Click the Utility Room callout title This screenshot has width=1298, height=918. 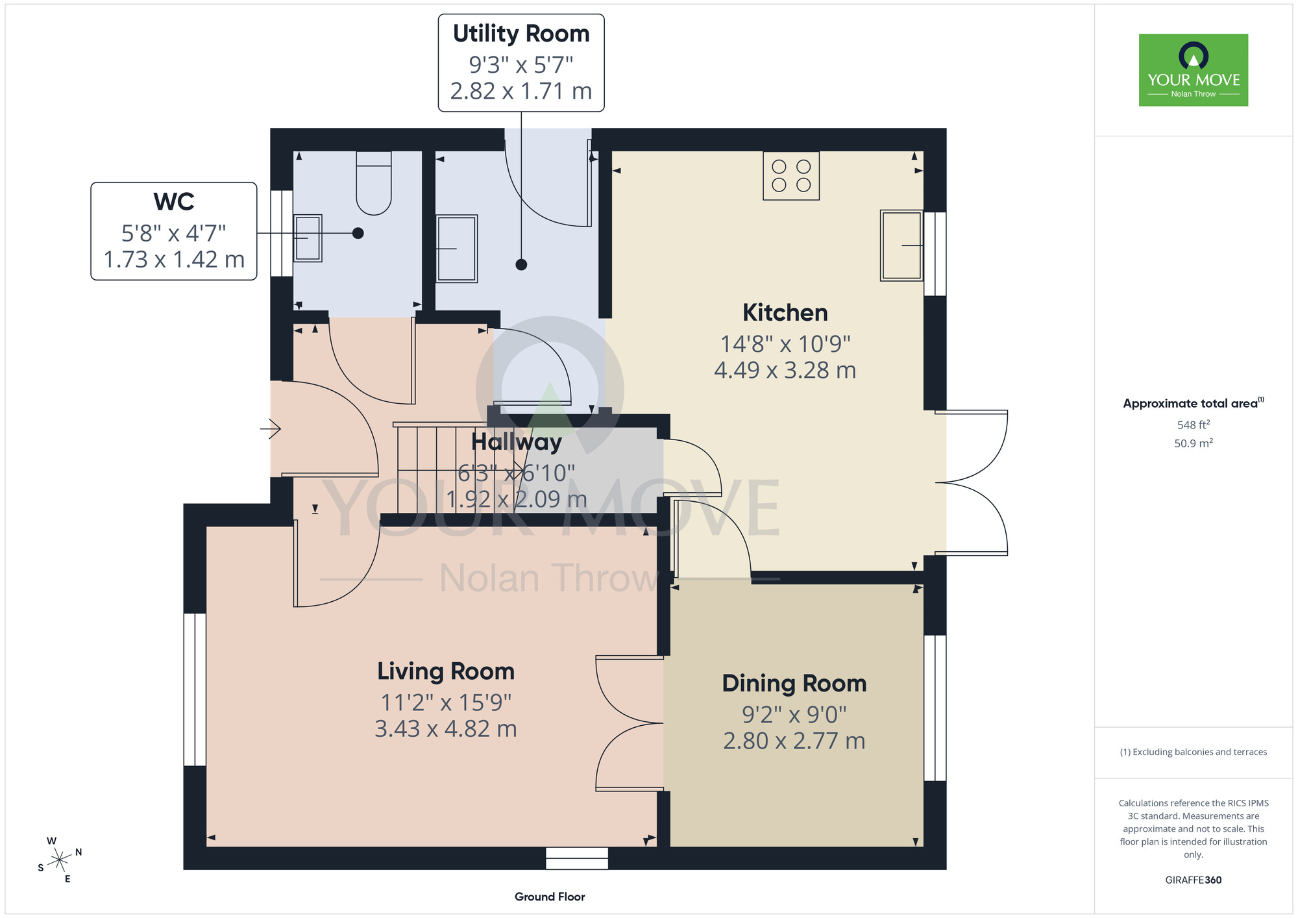click(x=521, y=34)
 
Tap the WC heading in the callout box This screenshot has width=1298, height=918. click(x=174, y=202)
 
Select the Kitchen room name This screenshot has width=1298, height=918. click(x=785, y=313)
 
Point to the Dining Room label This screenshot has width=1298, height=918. click(x=794, y=684)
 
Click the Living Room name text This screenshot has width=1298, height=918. click(x=446, y=672)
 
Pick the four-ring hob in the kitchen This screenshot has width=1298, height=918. click(x=791, y=176)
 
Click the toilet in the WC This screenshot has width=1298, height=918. click(x=374, y=183)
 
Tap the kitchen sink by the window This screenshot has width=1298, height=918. click(x=901, y=245)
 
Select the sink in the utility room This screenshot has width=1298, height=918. click(x=457, y=249)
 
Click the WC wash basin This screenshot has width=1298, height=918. click(x=308, y=238)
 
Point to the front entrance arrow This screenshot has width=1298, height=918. click(x=271, y=428)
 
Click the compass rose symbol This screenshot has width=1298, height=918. click(x=60, y=860)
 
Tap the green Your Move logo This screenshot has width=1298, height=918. click(x=1194, y=70)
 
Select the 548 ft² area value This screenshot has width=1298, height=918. click(x=1194, y=425)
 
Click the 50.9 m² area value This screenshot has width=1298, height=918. click(x=1194, y=443)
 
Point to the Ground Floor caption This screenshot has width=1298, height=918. click(x=550, y=897)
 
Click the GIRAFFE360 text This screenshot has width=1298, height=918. click(x=1194, y=880)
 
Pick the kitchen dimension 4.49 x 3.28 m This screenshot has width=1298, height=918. click(x=785, y=370)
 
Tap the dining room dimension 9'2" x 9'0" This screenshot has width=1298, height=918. click(x=794, y=715)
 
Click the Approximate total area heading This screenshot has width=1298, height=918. click(x=1194, y=403)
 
